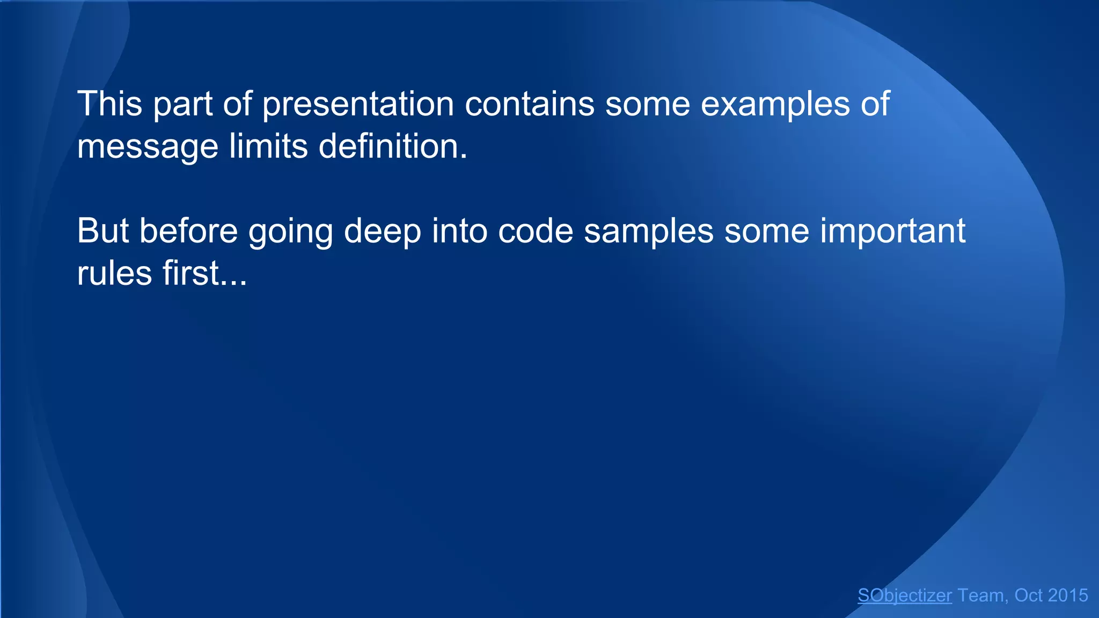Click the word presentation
click(x=358, y=105)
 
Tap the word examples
click(x=775, y=105)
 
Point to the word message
click(x=148, y=147)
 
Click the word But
click(x=103, y=231)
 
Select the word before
click(x=188, y=231)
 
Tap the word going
click(x=290, y=232)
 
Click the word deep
click(x=382, y=232)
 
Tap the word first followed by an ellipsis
click(x=191, y=274)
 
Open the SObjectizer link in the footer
click(x=904, y=595)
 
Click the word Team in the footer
click(x=980, y=595)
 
